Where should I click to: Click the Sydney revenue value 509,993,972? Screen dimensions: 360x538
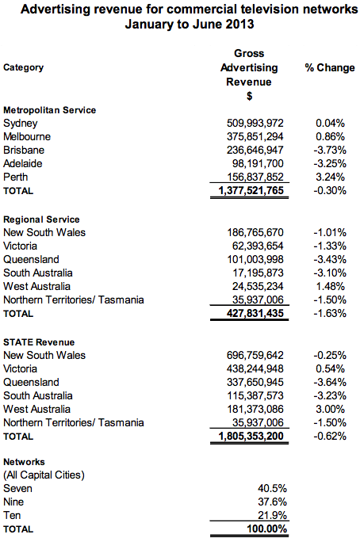tap(255, 123)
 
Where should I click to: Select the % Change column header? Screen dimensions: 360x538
tap(330, 67)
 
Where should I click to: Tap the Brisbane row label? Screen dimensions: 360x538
tap(24, 150)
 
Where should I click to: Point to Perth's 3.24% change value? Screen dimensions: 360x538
tap(330, 177)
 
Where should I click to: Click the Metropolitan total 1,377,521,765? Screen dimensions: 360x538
tap(251, 190)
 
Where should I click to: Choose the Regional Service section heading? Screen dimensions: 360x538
tap(41, 219)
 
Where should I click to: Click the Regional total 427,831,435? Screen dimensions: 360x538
tap(255, 313)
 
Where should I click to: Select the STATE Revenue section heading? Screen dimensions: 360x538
tap(39, 342)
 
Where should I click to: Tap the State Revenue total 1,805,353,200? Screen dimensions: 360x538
tap(251, 436)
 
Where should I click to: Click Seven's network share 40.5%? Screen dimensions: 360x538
tap(273, 488)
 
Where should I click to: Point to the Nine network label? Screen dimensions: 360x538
tap(13, 502)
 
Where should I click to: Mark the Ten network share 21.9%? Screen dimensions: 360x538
tap(273, 515)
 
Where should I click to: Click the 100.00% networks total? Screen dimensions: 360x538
tap(267, 528)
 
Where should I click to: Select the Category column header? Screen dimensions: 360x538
tap(23, 67)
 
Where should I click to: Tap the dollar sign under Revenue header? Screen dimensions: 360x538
tap(250, 96)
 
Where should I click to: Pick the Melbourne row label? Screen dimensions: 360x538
tap(27, 136)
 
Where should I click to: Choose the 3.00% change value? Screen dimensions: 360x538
tap(330, 409)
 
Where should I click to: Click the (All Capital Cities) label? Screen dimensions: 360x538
tap(44, 475)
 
